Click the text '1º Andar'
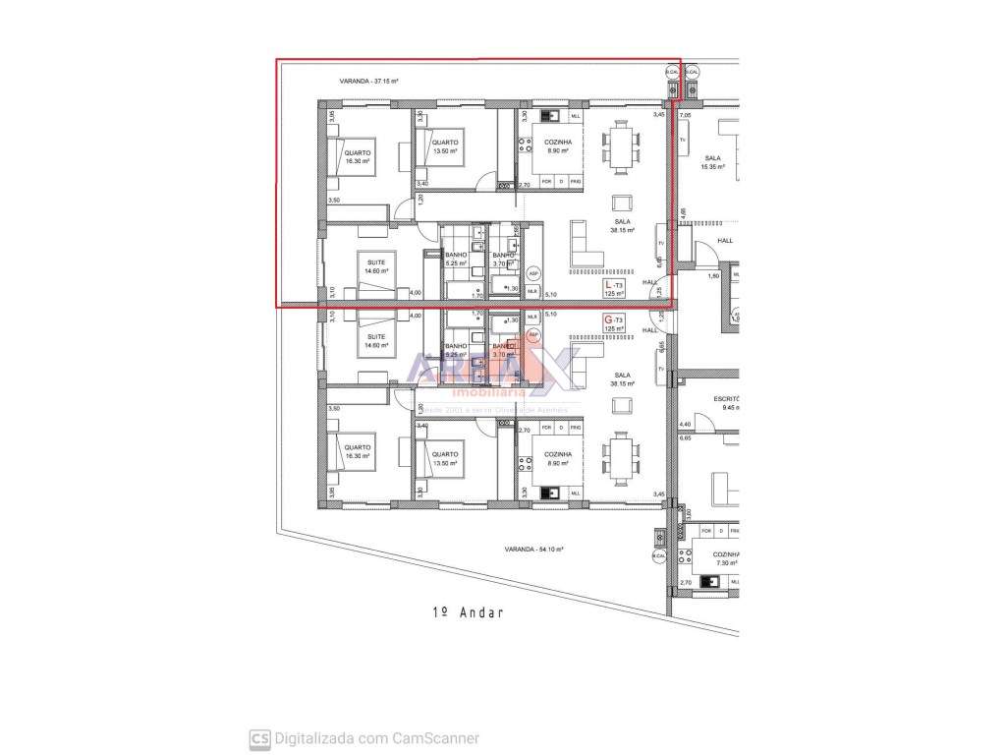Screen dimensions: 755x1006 (468, 611)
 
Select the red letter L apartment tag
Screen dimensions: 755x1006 (609, 285)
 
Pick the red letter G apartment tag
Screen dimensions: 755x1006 (609, 320)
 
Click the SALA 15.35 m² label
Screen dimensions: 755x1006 (712, 162)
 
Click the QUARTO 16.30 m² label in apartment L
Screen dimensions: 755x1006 (357, 157)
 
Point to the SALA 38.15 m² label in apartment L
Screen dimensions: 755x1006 (622, 226)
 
